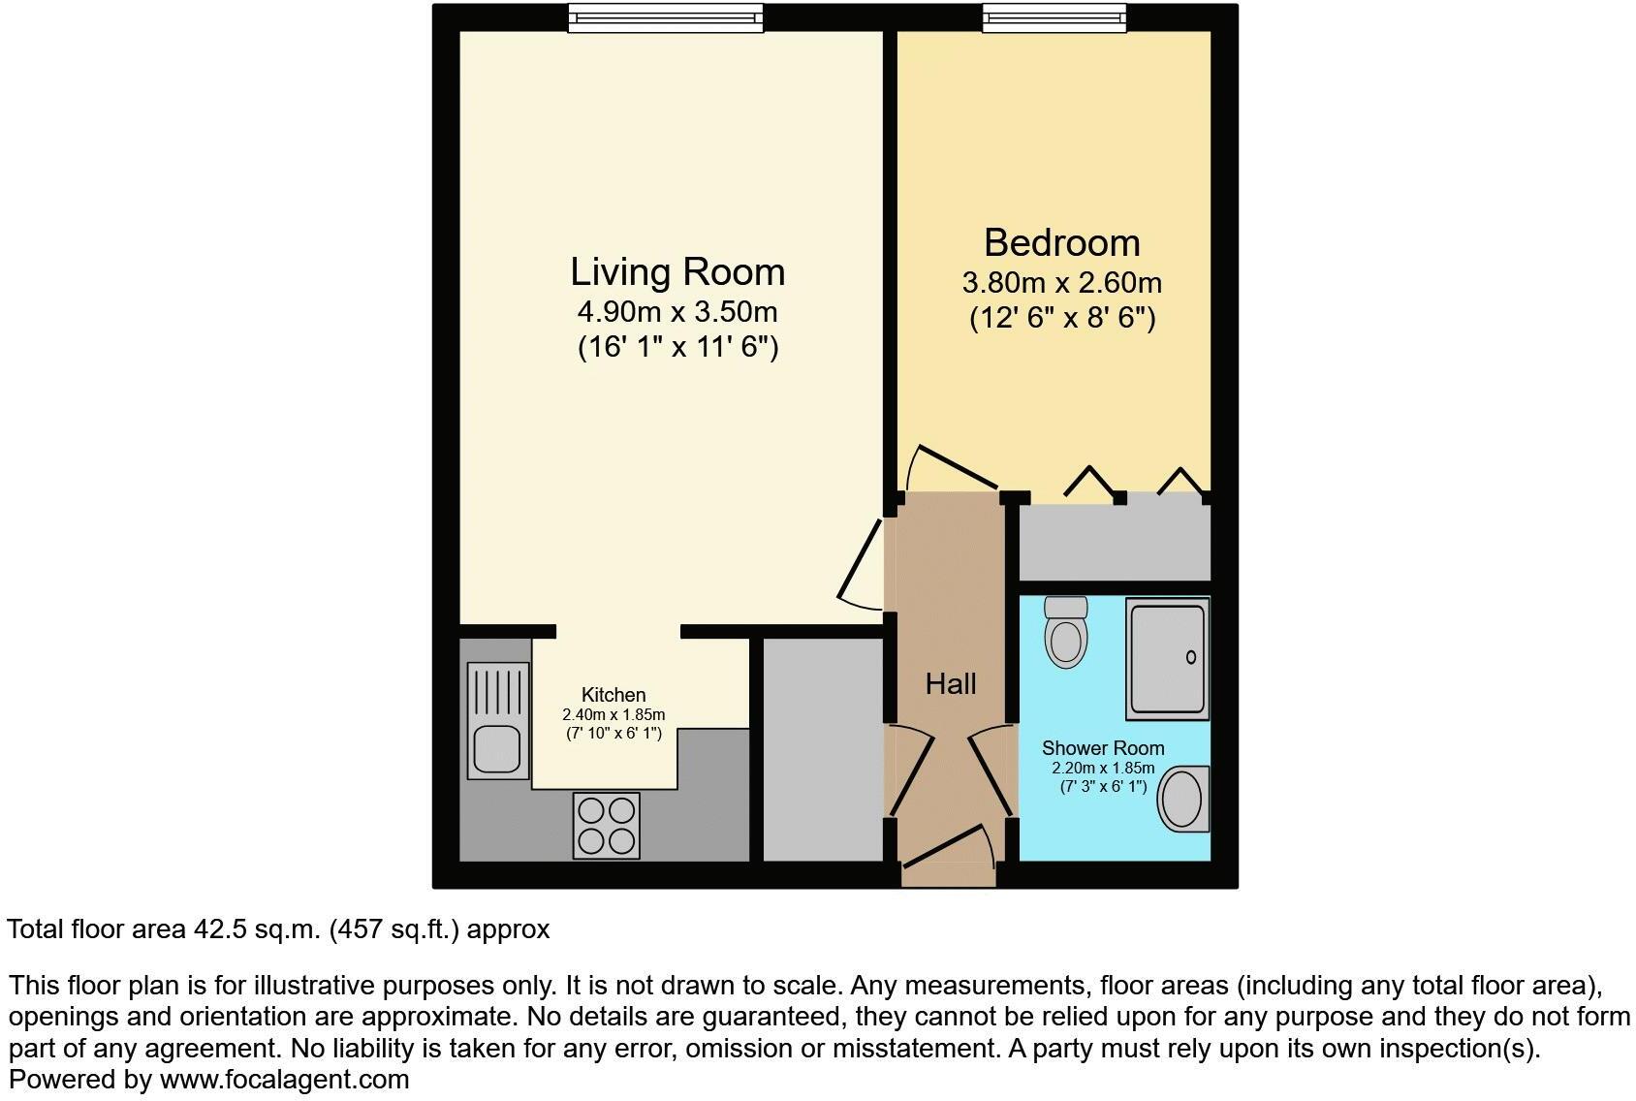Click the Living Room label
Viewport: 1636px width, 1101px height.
click(x=677, y=271)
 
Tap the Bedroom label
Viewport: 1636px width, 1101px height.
click(x=1061, y=242)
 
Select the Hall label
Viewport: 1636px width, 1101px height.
click(x=951, y=684)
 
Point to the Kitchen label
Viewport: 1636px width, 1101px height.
click(x=613, y=695)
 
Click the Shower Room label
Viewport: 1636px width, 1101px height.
click(x=1103, y=748)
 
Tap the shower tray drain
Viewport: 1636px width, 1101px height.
click(x=1191, y=658)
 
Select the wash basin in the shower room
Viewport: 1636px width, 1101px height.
click(x=1182, y=799)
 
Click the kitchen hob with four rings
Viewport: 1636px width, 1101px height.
click(x=607, y=825)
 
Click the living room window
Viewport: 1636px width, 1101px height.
click(x=665, y=16)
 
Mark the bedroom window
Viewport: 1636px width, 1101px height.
click(x=1054, y=16)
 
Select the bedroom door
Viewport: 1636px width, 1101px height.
click(x=955, y=467)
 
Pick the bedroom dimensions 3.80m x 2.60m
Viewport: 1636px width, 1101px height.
click(x=1061, y=283)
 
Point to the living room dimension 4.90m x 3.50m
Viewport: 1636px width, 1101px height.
click(x=677, y=312)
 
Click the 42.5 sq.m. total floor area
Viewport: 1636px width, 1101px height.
click(x=254, y=929)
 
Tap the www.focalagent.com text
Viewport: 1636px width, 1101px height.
click(x=284, y=1079)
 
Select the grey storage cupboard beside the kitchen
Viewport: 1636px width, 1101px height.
click(x=823, y=749)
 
